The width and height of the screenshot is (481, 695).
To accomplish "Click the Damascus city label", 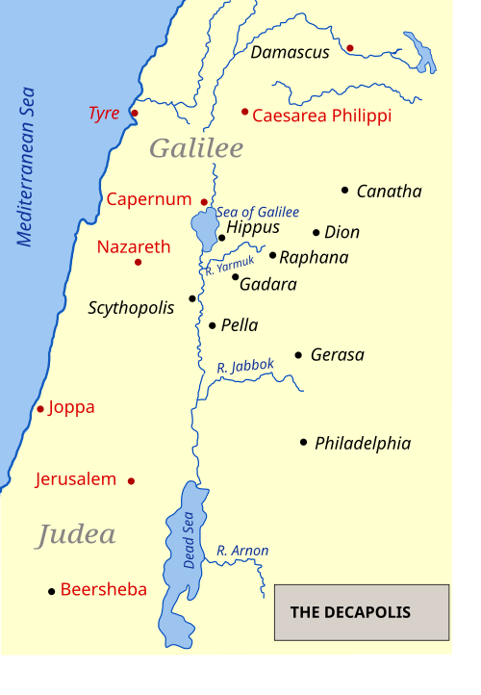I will coord(290,53).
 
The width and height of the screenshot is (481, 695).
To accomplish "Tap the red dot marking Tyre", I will coord(135,114).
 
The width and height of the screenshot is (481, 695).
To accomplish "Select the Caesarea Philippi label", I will coord(321,116).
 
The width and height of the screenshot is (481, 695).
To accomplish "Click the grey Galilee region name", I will coord(196,148).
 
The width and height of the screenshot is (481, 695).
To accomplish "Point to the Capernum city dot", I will coord(204,202).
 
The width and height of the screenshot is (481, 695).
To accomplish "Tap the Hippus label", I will coord(253,228).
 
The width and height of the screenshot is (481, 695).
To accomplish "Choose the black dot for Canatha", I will coord(344,190).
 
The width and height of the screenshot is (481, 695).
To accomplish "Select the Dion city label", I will coord(342,232).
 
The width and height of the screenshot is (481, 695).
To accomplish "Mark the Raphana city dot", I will coord(272,255).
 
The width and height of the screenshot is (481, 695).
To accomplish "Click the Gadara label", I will coord(267,284).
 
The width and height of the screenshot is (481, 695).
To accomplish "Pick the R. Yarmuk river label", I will coord(229,265).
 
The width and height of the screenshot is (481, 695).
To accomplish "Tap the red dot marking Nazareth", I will coord(138,262).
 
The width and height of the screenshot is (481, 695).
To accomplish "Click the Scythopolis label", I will coord(131,308).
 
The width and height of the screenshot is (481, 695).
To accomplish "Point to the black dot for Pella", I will coord(213,325).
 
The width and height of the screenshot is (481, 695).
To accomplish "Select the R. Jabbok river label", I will coord(245,366).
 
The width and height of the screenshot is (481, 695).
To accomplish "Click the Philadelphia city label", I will coord(363,444).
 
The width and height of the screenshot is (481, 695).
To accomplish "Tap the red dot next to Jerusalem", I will coord(131,480).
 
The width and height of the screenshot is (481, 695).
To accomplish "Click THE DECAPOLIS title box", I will coord(362,612).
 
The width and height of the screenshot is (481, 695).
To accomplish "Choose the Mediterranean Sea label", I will coord(26,167).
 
